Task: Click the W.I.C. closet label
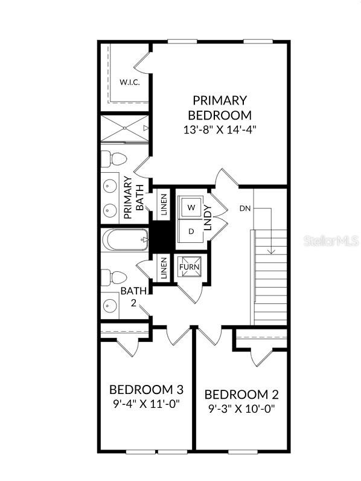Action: (x=129, y=82)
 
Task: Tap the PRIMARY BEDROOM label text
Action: (x=220, y=108)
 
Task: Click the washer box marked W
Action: (x=191, y=207)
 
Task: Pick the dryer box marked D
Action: (x=191, y=231)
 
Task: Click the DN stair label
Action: (x=245, y=208)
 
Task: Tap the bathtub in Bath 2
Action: (x=126, y=240)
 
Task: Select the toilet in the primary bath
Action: (x=113, y=160)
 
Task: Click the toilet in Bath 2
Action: (x=113, y=277)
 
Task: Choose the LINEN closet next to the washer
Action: (x=164, y=205)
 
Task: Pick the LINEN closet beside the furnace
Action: (x=164, y=268)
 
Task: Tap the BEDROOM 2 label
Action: (x=241, y=395)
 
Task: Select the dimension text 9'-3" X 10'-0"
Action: (x=241, y=409)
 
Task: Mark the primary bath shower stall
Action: (x=124, y=128)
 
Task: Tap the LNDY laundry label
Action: (x=208, y=218)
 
